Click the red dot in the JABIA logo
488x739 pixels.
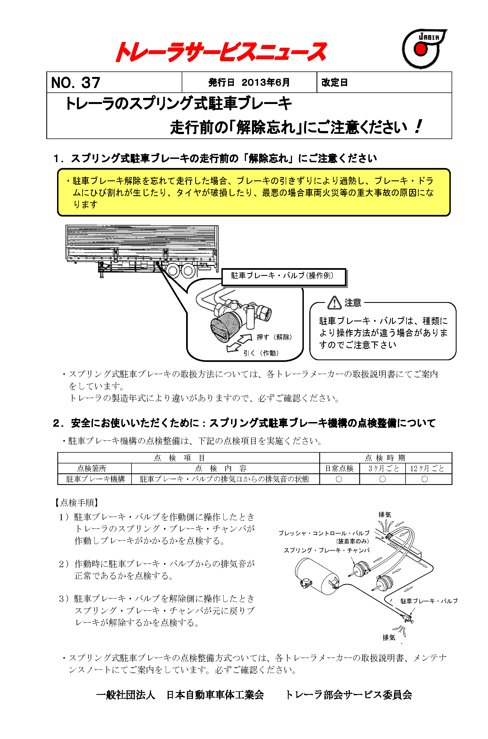click(420, 49)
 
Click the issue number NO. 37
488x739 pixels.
click(76, 82)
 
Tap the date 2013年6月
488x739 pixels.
click(266, 82)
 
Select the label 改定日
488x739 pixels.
click(334, 82)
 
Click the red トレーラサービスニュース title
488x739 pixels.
click(221, 52)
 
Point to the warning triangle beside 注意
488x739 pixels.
click(334, 303)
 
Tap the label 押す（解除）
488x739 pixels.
click(274, 337)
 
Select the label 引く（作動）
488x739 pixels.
click(261, 353)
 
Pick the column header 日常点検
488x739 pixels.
click(339, 468)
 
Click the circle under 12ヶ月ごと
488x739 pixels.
click(425, 479)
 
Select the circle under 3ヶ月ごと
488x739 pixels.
click(382, 479)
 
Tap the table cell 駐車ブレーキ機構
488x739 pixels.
click(95, 479)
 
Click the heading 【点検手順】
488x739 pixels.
click(77, 502)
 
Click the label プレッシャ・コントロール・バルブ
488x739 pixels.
click(324, 533)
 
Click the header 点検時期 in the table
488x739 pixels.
click(385, 458)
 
